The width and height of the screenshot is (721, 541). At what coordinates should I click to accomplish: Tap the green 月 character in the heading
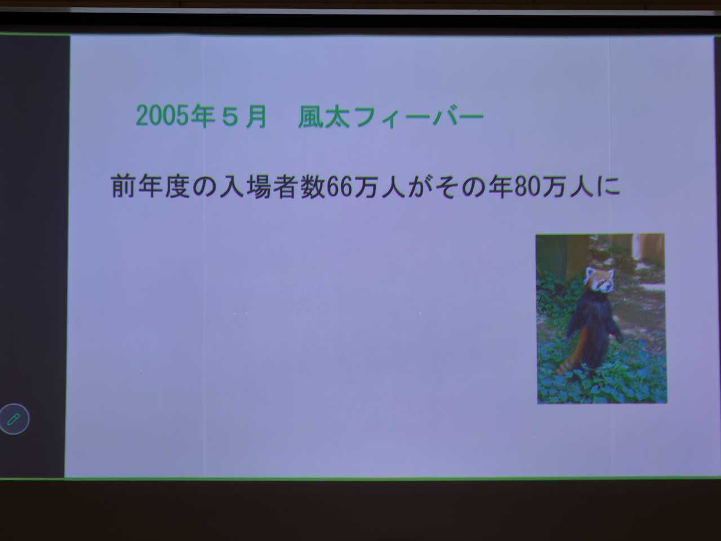(x=256, y=117)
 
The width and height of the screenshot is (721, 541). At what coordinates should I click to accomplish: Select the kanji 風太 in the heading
(x=324, y=117)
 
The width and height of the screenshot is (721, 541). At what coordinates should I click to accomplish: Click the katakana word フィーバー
(x=418, y=117)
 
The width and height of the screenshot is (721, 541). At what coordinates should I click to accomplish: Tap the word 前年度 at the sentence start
(x=151, y=186)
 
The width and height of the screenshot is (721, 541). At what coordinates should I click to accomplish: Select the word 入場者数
(x=272, y=186)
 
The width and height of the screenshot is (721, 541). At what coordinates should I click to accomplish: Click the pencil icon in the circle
(x=14, y=419)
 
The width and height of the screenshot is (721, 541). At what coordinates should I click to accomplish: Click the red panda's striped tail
(x=571, y=357)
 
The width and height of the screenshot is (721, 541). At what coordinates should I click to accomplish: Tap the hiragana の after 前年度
(x=204, y=186)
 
